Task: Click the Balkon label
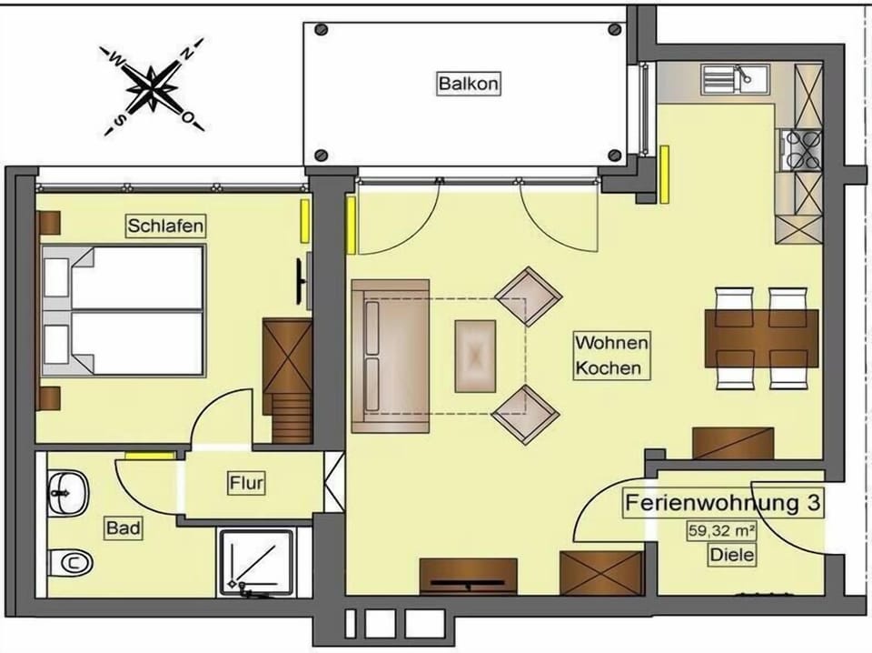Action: point(469,84)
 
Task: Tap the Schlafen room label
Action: point(165,226)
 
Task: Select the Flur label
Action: point(246,483)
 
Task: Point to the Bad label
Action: point(123,527)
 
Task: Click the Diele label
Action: point(732,555)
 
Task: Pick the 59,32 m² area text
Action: point(722,530)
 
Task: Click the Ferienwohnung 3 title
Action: point(722,503)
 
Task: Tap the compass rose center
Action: point(152,87)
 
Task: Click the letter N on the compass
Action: point(189,53)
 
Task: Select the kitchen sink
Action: point(735,78)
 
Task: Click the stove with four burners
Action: point(801,149)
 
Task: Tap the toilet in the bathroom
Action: point(70,562)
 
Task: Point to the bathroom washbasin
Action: point(68,493)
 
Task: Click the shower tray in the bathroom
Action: point(256,562)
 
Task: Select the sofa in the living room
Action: point(391,357)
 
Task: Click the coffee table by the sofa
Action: point(475,357)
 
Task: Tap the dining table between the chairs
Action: point(761,338)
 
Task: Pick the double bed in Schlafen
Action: point(123,310)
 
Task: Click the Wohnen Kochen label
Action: point(611,355)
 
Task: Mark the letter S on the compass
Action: point(118,120)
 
